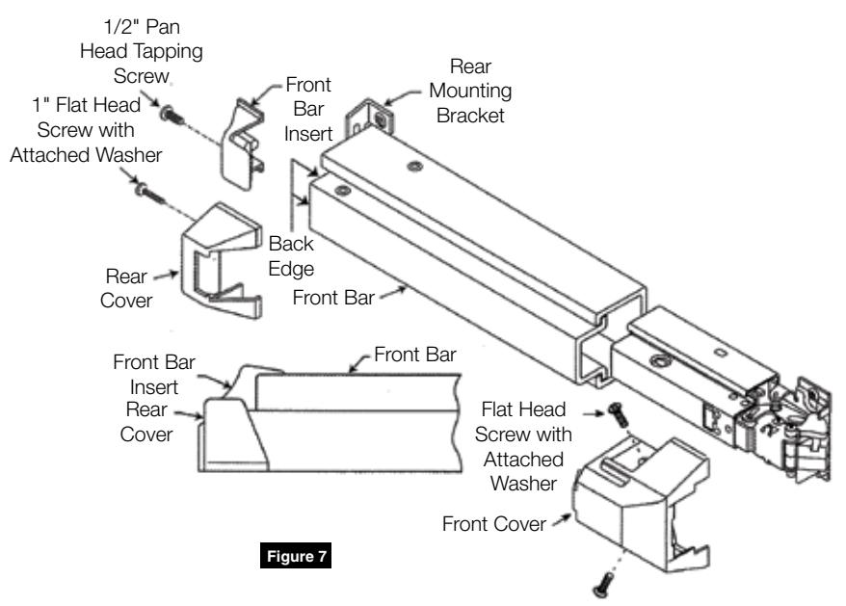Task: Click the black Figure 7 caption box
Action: pos(296,555)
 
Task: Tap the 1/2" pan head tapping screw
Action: pos(172,115)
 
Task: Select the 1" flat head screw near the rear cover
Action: pos(149,194)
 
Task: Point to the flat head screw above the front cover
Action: pos(618,414)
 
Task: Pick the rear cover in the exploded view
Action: pos(222,260)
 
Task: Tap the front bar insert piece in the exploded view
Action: pos(243,145)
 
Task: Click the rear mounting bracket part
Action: pos(370,117)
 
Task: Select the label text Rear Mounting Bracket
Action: pos(470,91)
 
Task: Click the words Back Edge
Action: pos(291,255)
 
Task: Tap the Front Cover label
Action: pos(493,523)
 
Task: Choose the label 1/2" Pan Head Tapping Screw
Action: pos(142,51)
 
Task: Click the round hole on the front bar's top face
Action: pos(342,191)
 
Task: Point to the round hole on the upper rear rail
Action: pos(415,167)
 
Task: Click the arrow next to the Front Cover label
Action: pos(561,519)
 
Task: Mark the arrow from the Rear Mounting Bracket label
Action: pos(402,97)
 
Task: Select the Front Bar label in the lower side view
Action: pos(415,355)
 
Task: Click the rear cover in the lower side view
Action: pos(233,435)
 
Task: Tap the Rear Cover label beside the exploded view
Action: pos(126,288)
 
